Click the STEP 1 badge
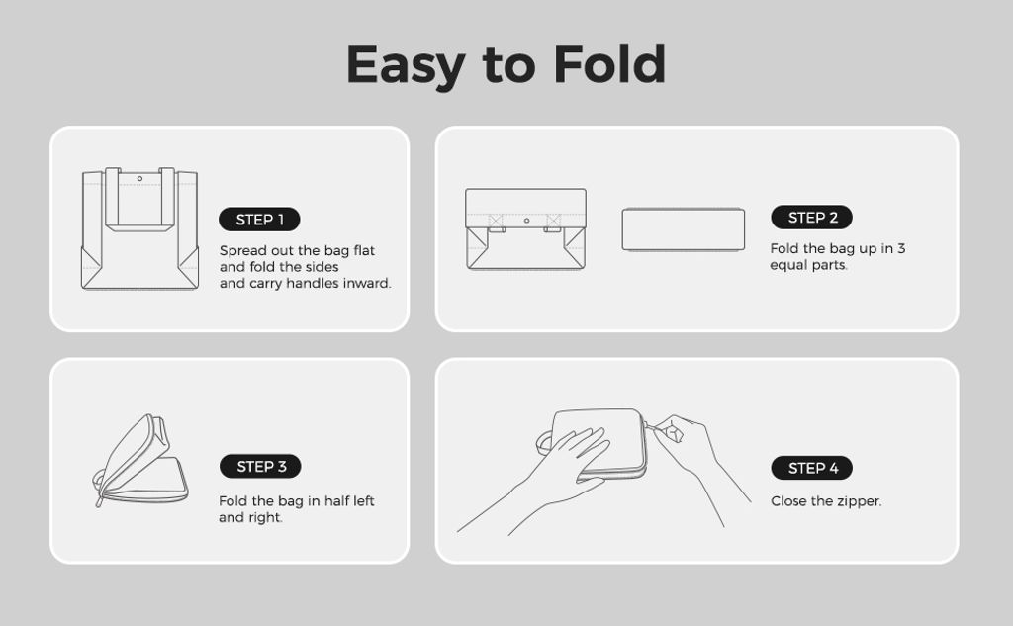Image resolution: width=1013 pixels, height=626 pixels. [x=259, y=220]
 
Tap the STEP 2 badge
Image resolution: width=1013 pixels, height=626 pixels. [x=811, y=218]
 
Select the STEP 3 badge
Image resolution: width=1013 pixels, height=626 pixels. [x=260, y=467]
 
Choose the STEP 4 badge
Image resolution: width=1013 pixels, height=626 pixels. [x=811, y=468]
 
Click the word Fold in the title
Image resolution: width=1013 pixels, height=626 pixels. [x=609, y=64]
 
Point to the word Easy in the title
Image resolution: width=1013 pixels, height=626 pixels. [x=406, y=66]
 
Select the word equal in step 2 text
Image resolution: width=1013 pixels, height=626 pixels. [x=785, y=265]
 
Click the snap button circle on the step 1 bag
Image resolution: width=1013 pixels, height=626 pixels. [x=139, y=179]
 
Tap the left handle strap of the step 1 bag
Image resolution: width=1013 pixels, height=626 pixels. [x=112, y=197]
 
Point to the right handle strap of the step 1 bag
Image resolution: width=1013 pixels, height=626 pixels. [x=167, y=197]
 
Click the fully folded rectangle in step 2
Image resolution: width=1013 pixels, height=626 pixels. [x=683, y=229]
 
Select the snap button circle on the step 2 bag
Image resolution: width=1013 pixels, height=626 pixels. [x=526, y=221]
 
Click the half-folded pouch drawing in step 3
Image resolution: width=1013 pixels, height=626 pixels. [x=140, y=461]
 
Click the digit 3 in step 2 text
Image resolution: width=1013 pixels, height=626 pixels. [x=901, y=249]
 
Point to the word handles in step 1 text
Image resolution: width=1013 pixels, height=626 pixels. [x=310, y=283]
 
